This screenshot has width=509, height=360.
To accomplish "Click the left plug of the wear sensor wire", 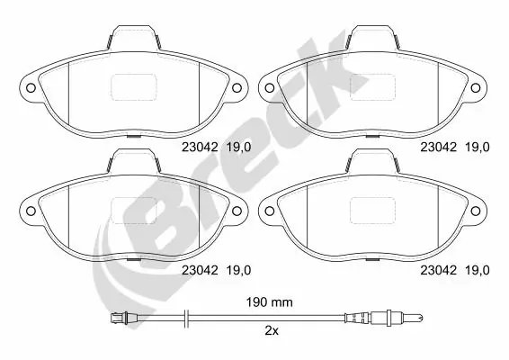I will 116,317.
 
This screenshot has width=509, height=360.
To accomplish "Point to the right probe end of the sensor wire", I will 418,318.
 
